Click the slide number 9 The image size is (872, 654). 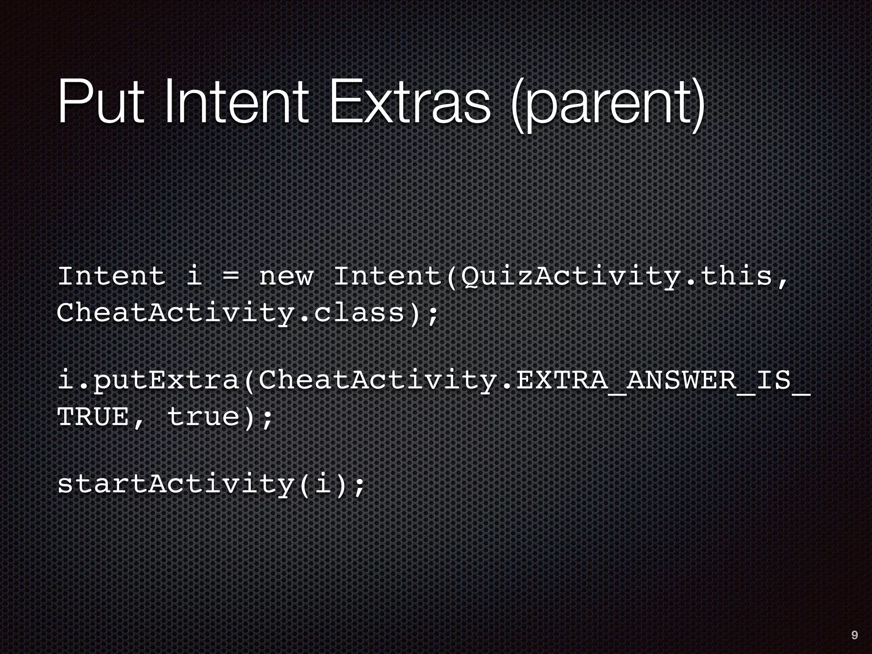[854, 636]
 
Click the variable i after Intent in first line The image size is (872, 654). [194, 277]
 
